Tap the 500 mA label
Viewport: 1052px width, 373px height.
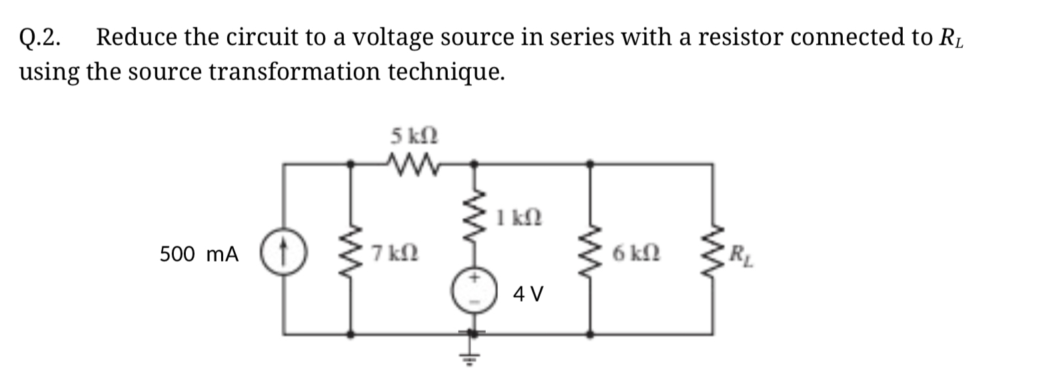click(199, 254)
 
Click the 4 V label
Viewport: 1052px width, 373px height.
click(528, 293)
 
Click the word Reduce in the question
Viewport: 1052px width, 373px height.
click(137, 38)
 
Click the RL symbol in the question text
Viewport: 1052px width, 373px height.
click(951, 39)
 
